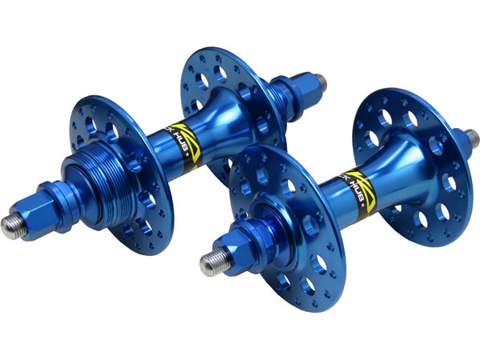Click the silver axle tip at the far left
click(11, 226)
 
